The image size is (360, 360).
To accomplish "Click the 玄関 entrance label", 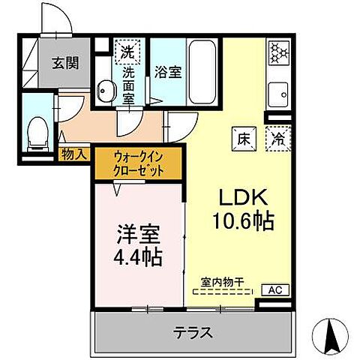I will click(65, 63).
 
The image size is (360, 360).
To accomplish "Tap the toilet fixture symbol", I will click(36, 133).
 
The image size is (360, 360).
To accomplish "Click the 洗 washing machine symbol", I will click(128, 52).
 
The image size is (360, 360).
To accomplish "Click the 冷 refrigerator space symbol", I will click(278, 138).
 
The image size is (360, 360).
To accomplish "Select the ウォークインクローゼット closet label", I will click(138, 163).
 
